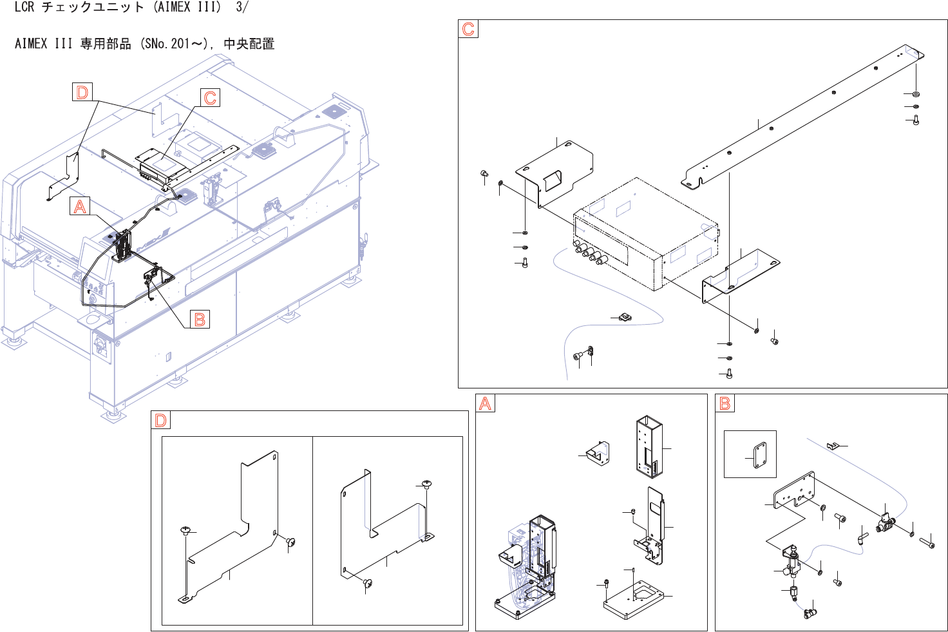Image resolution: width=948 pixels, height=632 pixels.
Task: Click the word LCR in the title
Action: point(24,8)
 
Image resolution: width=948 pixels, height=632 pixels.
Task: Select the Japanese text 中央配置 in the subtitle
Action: point(249,44)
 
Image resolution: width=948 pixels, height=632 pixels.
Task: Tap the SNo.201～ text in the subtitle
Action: point(174,44)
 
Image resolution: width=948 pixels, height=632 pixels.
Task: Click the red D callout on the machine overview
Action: point(82,92)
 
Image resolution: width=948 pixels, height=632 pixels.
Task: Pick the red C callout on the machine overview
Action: point(210,97)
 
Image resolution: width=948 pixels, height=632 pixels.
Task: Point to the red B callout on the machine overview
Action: point(200,319)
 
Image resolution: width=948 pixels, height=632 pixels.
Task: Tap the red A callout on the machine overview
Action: point(80,206)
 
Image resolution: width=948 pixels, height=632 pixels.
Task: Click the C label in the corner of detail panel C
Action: point(468,29)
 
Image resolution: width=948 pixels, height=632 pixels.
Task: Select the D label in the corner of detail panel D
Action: point(160,421)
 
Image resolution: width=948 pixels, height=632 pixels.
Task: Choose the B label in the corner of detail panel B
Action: point(725,403)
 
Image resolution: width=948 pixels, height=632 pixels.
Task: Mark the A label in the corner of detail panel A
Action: point(485,403)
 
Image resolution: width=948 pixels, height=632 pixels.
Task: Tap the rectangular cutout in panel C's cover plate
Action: point(553,180)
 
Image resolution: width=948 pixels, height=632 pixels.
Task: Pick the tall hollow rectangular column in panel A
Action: point(649,446)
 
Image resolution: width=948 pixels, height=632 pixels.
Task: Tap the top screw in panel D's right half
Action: point(426,483)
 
